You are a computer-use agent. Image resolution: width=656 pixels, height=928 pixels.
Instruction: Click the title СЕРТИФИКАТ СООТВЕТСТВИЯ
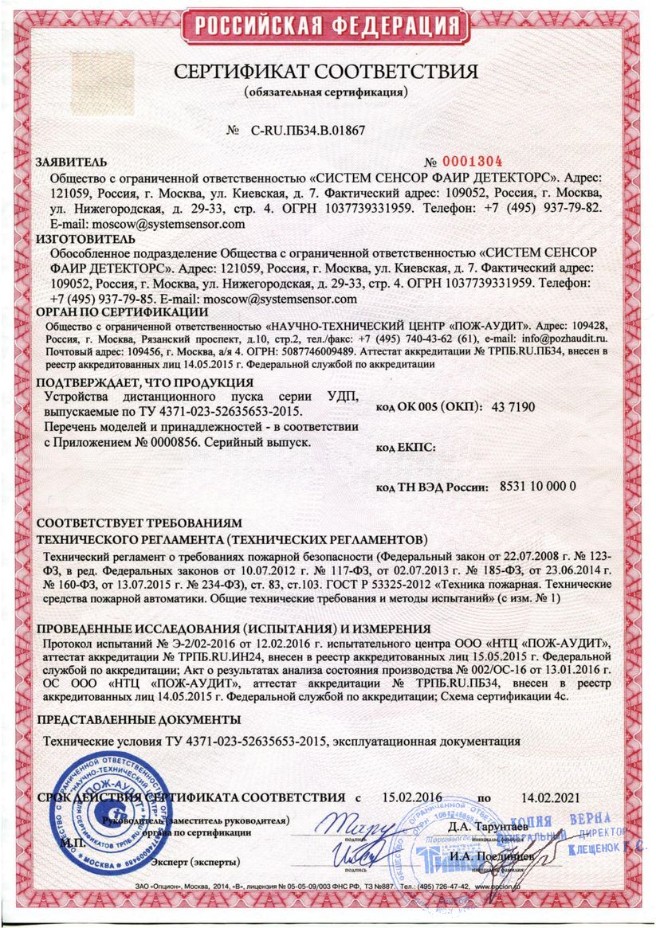[x=327, y=72]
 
